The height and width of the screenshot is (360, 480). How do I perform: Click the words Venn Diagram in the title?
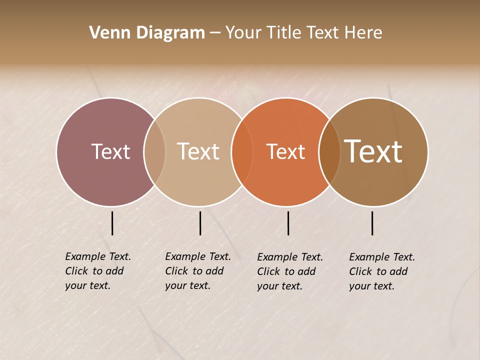147,33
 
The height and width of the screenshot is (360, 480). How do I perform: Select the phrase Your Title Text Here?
303,33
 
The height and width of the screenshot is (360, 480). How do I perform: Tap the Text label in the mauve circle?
110,151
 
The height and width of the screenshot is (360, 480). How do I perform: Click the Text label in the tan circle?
198,151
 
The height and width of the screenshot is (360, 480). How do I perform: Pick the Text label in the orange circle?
285,151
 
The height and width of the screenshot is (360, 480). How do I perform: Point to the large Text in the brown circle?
373,151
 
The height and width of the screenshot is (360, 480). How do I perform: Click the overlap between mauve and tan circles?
154,152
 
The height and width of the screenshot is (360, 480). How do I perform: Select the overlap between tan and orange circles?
241,152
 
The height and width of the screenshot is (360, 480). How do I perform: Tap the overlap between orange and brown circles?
329,152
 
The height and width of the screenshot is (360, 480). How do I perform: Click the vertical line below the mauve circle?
112,223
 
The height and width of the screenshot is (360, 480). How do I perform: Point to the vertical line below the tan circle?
200,223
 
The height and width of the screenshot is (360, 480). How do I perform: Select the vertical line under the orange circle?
288,223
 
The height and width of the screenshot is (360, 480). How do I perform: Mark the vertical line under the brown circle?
372,223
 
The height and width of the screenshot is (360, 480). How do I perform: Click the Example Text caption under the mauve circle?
97,271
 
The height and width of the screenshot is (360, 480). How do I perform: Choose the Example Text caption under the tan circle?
197,271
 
